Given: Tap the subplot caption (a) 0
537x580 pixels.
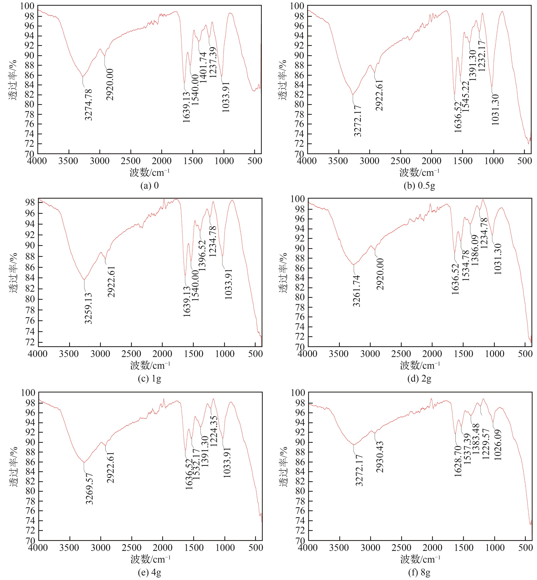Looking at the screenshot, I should click(150, 185).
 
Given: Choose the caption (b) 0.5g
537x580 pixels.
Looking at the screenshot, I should click(419, 185).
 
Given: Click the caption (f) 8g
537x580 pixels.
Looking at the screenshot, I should click(419, 572).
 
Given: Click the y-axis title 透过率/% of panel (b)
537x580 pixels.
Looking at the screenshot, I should click(283, 80).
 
